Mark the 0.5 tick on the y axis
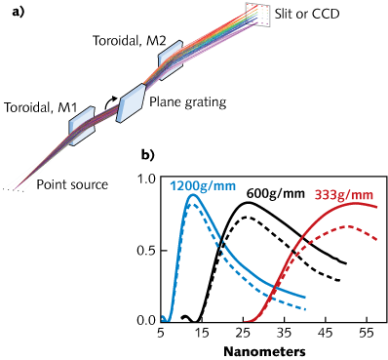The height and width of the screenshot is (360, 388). (145, 250)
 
